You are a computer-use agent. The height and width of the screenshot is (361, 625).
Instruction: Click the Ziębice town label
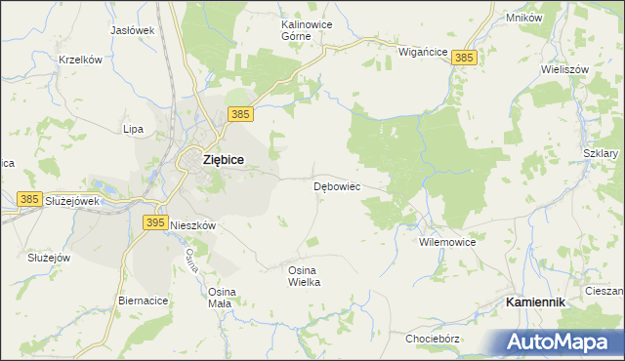(223, 159)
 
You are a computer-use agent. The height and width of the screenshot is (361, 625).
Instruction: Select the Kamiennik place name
(535, 303)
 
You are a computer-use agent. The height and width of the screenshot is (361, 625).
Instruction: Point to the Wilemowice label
(446, 241)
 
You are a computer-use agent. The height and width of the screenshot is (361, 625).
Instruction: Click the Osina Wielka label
(304, 275)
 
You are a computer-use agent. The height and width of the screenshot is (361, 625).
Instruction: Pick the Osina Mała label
(220, 298)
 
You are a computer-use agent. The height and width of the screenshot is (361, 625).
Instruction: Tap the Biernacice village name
(143, 301)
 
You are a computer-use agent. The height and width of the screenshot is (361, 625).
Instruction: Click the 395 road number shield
(154, 223)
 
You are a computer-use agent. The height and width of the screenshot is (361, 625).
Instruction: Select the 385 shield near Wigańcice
(465, 59)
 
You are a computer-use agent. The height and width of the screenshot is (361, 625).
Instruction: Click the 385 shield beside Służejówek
(29, 199)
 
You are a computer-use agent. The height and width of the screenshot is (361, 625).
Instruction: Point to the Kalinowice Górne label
(296, 28)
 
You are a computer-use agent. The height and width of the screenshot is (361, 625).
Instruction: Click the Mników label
(524, 18)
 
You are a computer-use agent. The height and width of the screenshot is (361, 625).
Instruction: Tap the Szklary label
(600, 154)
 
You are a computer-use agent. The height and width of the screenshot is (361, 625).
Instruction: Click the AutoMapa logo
(559, 341)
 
